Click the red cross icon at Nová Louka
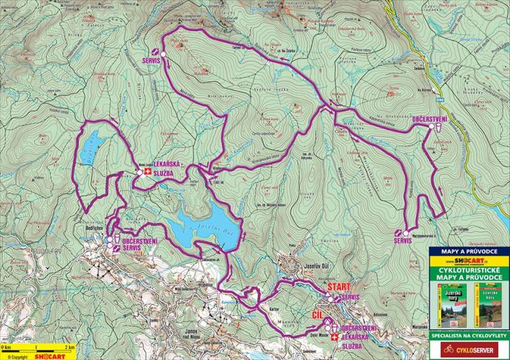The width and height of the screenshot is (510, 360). click(x=148, y=173)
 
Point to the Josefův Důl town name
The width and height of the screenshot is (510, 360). click(x=321, y=267)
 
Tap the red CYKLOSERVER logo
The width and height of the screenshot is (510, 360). click(x=469, y=350)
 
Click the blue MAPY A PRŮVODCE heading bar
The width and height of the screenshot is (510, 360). click(x=469, y=251)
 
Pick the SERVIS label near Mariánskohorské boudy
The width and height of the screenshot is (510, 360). click(x=402, y=242)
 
